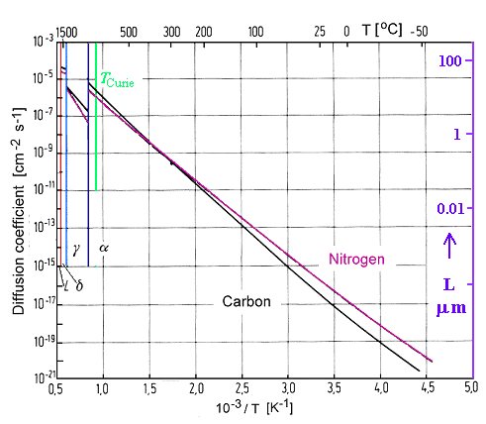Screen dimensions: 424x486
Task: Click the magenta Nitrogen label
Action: point(355,260)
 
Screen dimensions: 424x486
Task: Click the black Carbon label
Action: point(246,301)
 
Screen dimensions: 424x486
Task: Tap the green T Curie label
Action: point(116,81)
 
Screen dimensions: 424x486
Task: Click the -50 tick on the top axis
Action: point(420,30)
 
